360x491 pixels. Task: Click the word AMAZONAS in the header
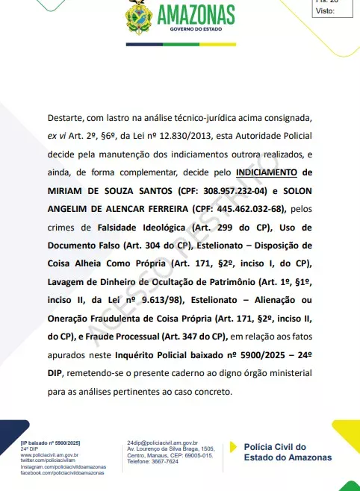pyautogui.click(x=197, y=14)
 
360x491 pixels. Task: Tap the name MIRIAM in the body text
pyautogui.click(x=66, y=190)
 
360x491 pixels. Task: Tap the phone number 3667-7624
pyautogui.click(x=164, y=463)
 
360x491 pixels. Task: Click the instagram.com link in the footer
pyautogui.click(x=63, y=468)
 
